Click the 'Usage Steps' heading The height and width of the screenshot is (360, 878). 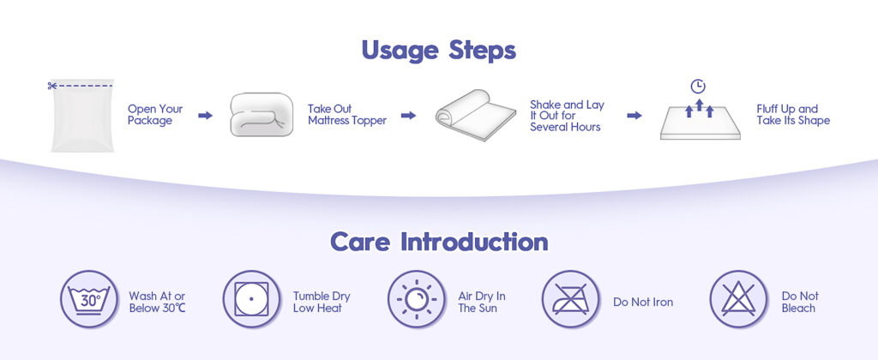tap(438, 51)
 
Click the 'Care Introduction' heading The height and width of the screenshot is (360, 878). tap(439, 242)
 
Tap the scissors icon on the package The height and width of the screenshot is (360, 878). tap(51, 86)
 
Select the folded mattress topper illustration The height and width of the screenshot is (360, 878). tap(262, 114)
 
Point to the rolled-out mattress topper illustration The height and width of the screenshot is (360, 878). tap(475, 115)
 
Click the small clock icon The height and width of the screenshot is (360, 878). tap(698, 87)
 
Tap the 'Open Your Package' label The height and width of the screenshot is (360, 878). tap(155, 115)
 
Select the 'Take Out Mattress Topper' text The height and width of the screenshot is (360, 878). tap(347, 115)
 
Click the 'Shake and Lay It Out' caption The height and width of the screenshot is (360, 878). tap(568, 111)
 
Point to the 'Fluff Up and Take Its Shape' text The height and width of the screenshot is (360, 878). tap(793, 115)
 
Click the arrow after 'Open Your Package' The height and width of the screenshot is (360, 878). tap(206, 116)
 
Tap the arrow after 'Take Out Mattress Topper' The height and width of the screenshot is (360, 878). tap(409, 116)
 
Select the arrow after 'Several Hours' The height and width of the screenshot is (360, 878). tap(634, 116)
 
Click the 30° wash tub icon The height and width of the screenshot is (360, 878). tap(89, 299)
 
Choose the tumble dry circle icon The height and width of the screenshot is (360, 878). tap(251, 299)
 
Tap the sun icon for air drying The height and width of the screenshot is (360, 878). tap(417, 299)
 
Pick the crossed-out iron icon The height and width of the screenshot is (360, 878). tap(570, 299)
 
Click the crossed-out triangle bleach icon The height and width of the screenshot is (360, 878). tap(738, 299)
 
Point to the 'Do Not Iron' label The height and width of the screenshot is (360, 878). tap(643, 303)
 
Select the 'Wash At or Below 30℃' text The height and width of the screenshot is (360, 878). tap(158, 303)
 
